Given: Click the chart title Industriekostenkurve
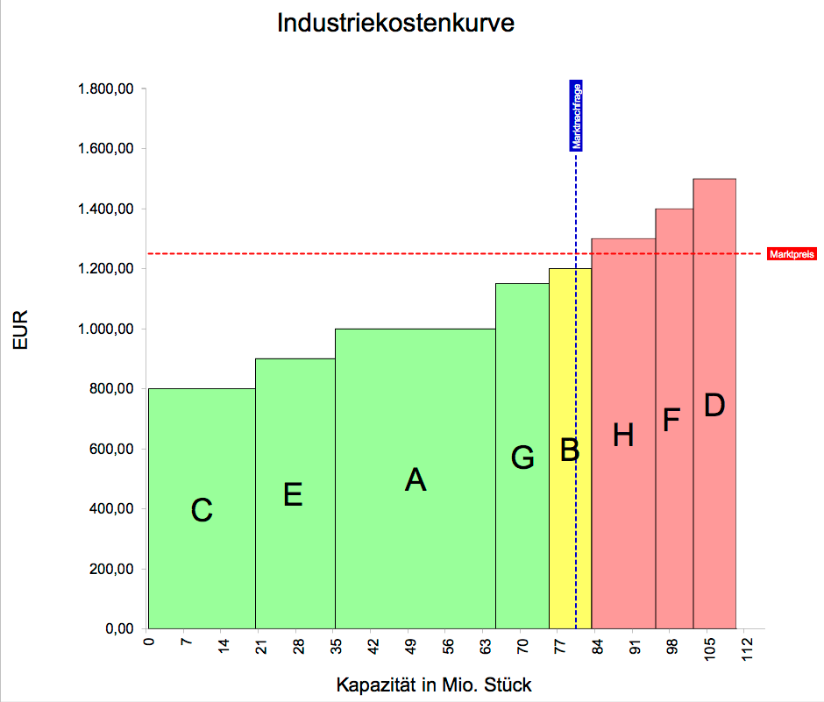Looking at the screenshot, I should click(x=395, y=24).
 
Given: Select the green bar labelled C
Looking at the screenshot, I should click(x=202, y=508).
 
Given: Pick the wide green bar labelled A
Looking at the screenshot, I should click(x=415, y=479).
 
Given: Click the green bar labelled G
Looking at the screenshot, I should click(x=522, y=457).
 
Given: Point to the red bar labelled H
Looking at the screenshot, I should click(x=623, y=435).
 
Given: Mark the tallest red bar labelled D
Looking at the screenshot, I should click(x=714, y=405).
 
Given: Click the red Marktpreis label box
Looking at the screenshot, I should click(x=792, y=254).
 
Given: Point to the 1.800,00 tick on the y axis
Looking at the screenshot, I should click(x=105, y=89).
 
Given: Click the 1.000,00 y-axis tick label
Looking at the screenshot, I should click(x=105, y=329).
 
